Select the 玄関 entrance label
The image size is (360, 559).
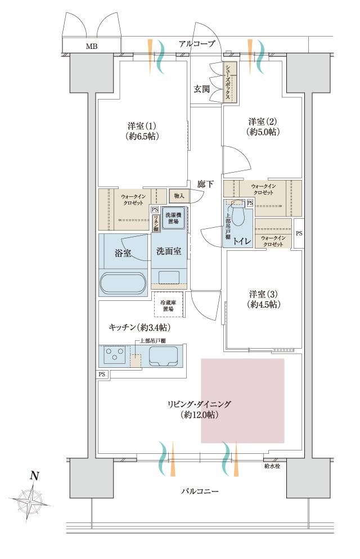point(202,88)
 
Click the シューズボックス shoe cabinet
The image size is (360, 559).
point(229,82)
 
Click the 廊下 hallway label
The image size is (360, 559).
point(205,183)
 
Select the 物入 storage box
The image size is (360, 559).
point(179,196)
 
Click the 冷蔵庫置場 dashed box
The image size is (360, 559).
point(168,305)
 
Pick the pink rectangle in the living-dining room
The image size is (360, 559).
point(242,400)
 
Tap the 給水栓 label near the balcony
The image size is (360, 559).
point(272,466)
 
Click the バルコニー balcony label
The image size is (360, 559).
point(200,491)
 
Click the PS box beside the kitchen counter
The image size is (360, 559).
point(102,374)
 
